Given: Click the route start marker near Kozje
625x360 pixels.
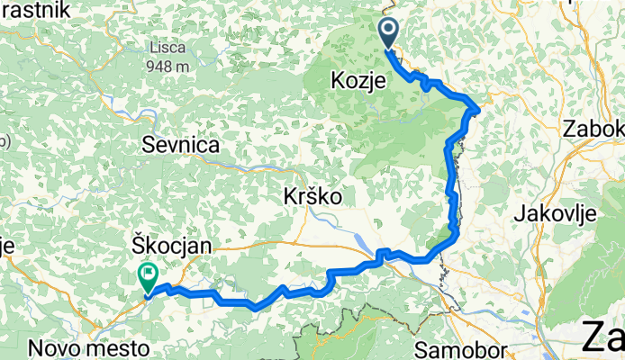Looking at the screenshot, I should pos(388,34).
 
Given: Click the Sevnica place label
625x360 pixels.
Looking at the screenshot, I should pos(181,144).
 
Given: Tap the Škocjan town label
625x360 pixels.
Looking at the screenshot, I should pos(163,245).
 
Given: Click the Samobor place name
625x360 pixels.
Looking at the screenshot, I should pos(462,347).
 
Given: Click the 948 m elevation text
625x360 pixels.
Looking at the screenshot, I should pos(170,66).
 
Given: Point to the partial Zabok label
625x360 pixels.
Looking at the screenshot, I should pos(593,129).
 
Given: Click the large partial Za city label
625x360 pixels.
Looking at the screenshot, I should pos(603,337).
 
